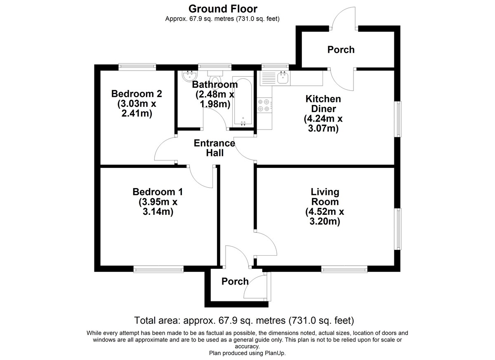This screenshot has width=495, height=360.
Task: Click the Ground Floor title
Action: tap(223, 9)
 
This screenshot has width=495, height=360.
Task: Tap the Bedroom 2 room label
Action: tap(137, 94)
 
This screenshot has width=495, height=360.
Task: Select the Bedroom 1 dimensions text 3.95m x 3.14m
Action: tap(158, 207)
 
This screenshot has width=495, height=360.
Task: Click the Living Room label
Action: tap(325, 197)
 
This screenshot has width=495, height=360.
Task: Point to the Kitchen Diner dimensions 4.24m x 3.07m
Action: tap(323, 123)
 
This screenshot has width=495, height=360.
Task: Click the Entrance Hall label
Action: tap(214, 148)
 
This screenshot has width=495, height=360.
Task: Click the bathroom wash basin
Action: tap(190, 76)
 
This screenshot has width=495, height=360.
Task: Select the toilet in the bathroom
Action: tap(215, 80)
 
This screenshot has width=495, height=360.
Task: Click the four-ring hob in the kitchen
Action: tap(264, 105)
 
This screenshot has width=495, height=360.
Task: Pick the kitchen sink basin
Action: tap(283, 78)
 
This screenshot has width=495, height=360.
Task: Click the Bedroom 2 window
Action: tap(137, 67)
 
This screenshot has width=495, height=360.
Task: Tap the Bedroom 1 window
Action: tap(158, 269)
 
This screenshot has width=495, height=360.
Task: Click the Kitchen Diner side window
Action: tap(398, 119)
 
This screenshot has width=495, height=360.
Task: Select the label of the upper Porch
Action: tap(341, 50)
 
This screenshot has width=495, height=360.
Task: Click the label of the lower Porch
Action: tap(235, 282)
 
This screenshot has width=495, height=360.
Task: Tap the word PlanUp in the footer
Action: tap(276, 353)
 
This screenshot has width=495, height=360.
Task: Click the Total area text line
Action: tap(244, 320)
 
